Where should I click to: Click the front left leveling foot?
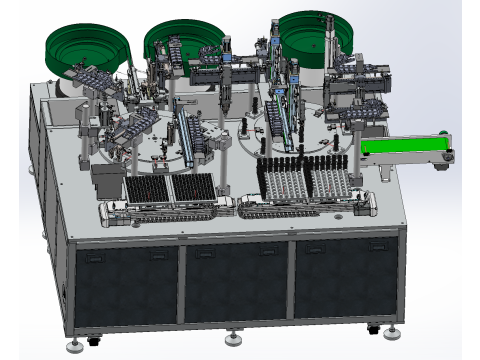75,346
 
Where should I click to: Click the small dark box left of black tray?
106,180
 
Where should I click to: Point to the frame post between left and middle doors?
180,286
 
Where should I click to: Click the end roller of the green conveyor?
450,154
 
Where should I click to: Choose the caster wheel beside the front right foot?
372,326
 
